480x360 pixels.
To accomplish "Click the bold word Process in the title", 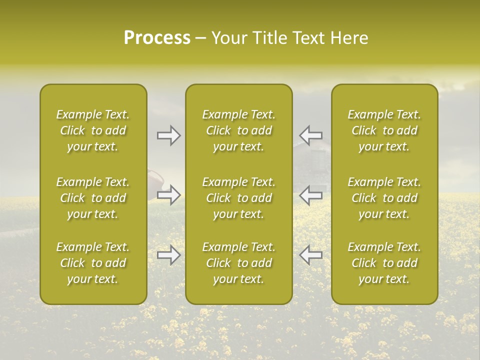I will [157, 38].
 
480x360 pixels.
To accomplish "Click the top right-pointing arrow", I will [169, 135].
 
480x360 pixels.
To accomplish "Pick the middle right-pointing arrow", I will [169, 195].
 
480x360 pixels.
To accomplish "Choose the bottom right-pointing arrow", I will [169, 255].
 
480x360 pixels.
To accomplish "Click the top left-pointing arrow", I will [310, 135].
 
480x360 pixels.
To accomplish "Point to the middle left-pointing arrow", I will [310, 195].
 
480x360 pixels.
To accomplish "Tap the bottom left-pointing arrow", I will [310, 255].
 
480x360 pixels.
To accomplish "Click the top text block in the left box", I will [93, 130].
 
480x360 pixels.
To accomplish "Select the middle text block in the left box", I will [93, 198].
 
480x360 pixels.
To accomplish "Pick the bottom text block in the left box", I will [93, 263].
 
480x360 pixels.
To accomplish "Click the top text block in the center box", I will [238, 130].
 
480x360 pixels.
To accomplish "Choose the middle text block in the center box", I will [238, 198].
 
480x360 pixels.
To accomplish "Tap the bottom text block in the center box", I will [238, 263].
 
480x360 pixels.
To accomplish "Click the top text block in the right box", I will [384, 130].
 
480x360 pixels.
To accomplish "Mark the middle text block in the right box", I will [384, 198].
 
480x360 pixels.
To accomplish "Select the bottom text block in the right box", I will [384, 263].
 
